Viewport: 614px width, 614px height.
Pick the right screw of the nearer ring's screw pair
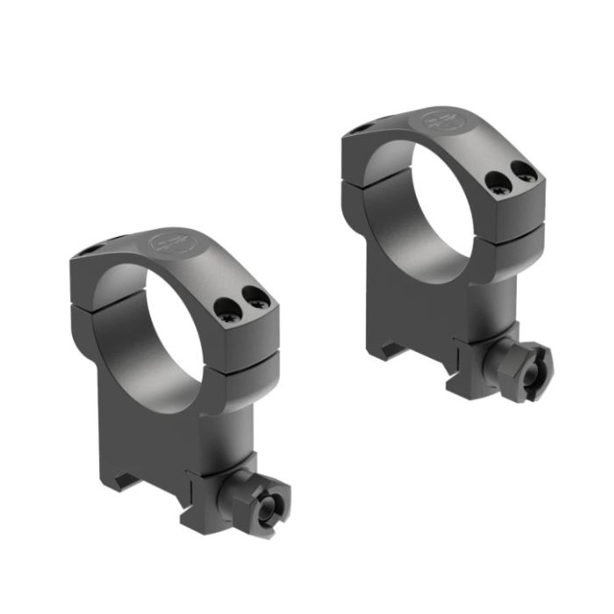257,300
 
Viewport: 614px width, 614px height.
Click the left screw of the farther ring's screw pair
496,182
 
